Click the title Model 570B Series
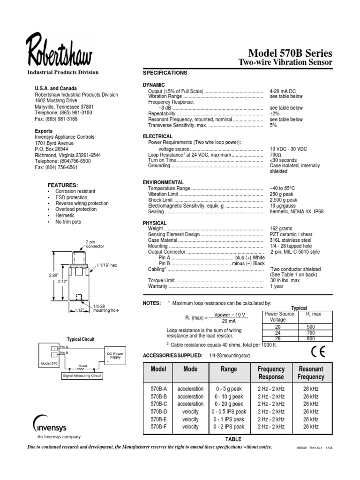[x=290, y=52]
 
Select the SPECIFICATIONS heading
[x=165, y=73]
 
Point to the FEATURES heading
[x=63, y=185]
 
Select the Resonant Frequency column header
[x=311, y=373]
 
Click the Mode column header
[x=190, y=369]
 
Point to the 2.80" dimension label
[x=53, y=275]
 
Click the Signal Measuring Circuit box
[x=82, y=375]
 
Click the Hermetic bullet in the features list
[x=65, y=216]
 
